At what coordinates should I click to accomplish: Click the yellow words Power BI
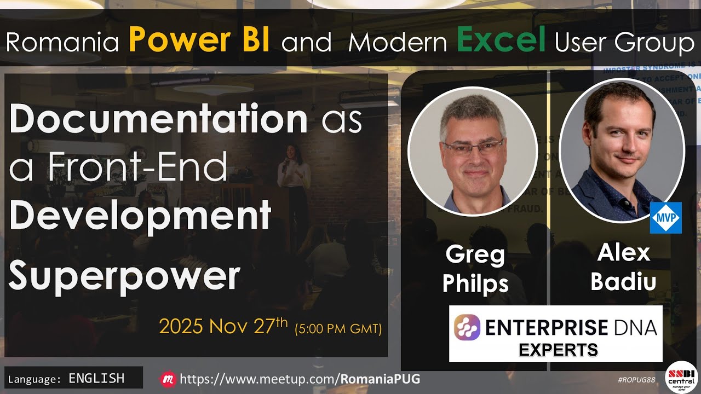click(x=199, y=41)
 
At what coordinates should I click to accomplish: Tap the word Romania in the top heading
click(x=62, y=43)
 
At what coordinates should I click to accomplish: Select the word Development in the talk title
click(x=140, y=215)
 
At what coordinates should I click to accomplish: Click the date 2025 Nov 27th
click(x=223, y=326)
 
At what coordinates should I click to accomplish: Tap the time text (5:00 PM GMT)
click(x=338, y=329)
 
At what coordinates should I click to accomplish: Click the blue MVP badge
click(x=665, y=217)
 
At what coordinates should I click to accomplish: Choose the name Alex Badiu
click(x=623, y=267)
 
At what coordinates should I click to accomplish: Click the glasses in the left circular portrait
click(x=473, y=147)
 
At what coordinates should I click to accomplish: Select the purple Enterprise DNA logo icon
click(x=467, y=327)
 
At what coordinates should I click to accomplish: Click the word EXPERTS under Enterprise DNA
click(x=558, y=350)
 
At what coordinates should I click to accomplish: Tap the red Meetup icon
click(x=168, y=379)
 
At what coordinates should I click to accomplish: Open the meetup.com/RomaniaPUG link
click(x=300, y=379)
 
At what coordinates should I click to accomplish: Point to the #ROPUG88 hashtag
click(x=636, y=380)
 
